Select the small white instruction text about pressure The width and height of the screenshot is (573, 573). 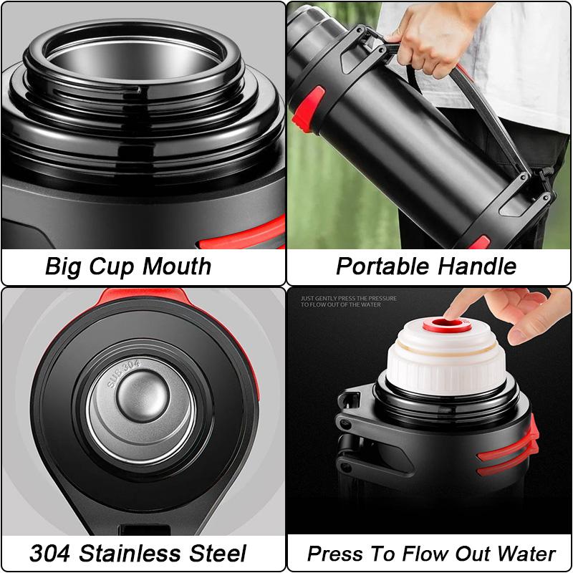tap(349, 302)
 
